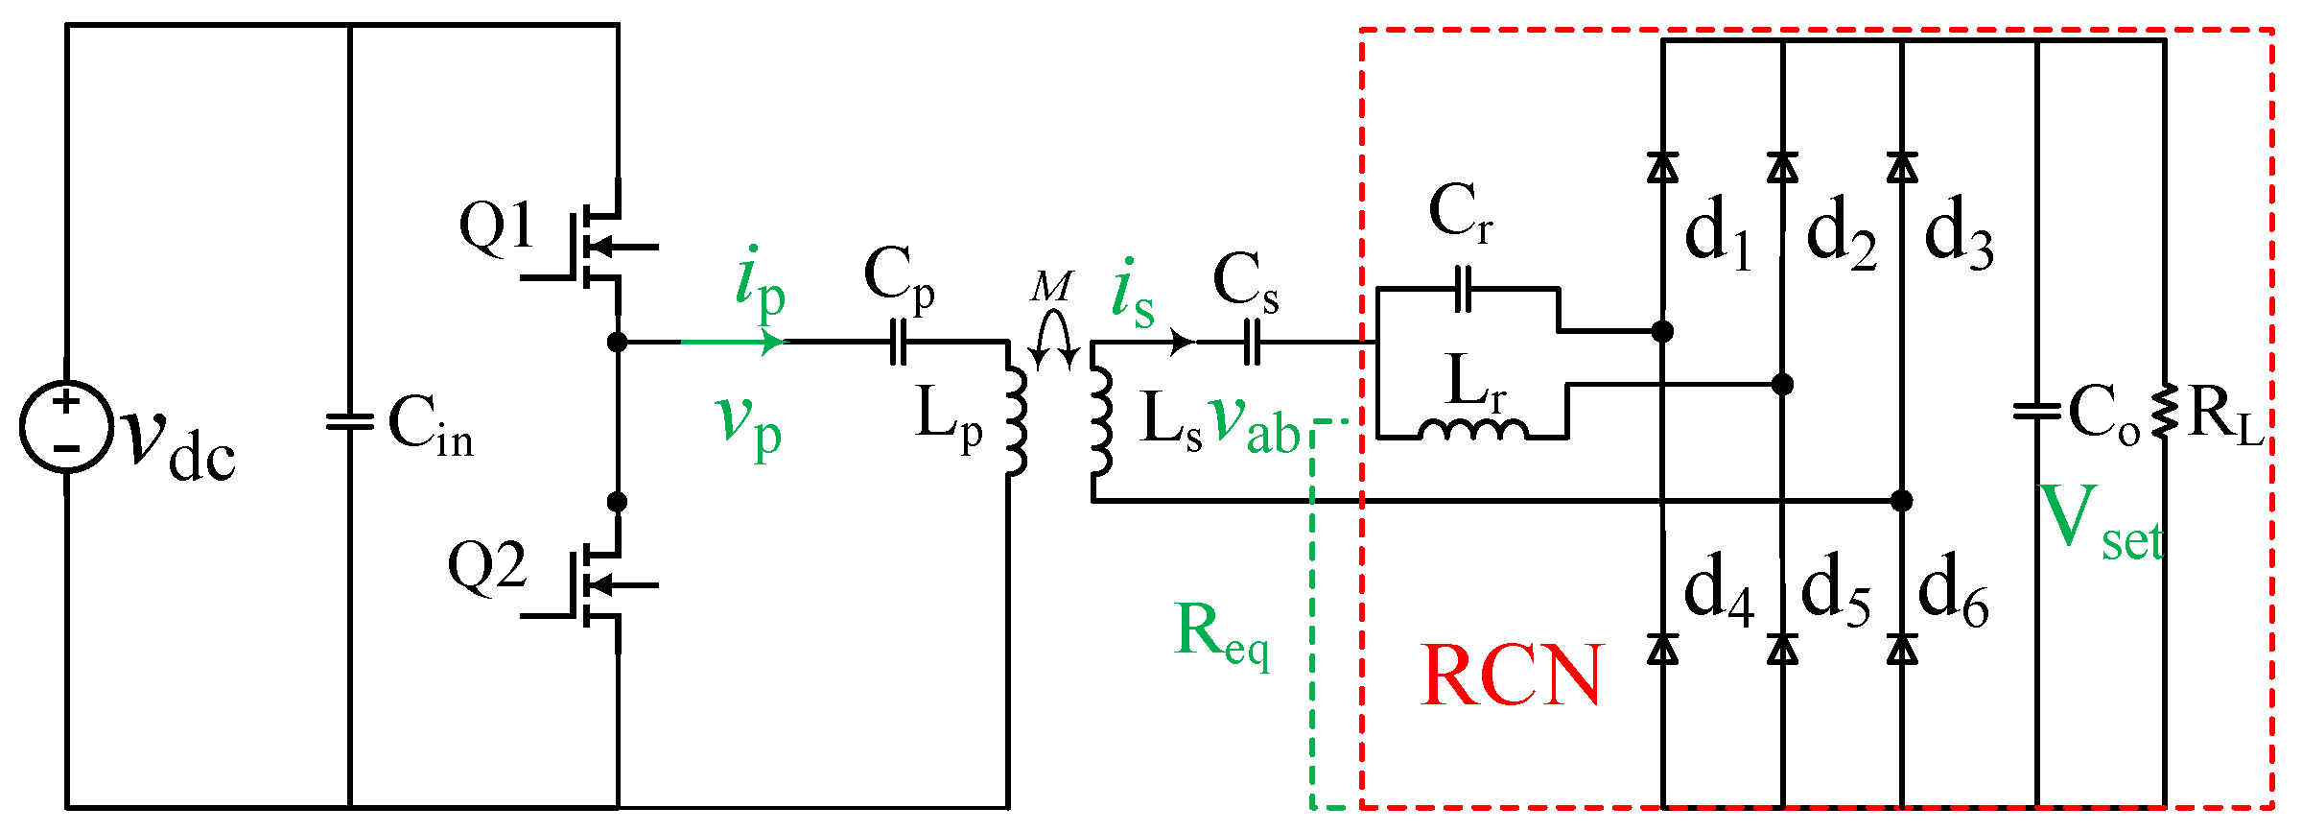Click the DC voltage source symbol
tap(66, 426)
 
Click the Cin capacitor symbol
tap(350, 421)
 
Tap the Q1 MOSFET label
tap(496, 228)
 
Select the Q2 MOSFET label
tap(487, 566)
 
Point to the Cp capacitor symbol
tap(899, 342)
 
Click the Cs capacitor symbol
tap(1252, 342)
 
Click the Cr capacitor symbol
tap(1463, 289)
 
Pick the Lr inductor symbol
tap(1472, 430)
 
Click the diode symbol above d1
tap(1662, 168)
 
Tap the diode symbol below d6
tap(1902, 650)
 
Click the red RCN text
tap(1512, 676)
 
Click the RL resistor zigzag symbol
tap(2164, 413)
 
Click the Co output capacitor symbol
tap(2036, 412)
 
